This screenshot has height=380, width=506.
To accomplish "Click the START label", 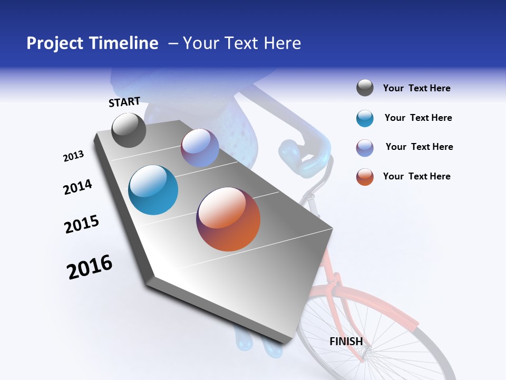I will pos(124,102).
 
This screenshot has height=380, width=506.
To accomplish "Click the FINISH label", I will pos(346,341).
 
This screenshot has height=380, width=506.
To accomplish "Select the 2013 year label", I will pos(73,156).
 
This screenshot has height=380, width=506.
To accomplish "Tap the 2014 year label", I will pos(77,187).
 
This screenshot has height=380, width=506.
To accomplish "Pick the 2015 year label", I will pos(82,224).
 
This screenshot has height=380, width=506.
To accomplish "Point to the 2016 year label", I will pos(90,267).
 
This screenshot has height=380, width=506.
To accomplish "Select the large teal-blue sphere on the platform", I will pos(153,190).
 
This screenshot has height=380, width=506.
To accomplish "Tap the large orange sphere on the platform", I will pos(228,219).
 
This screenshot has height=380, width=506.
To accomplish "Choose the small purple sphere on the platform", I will pos(200,148).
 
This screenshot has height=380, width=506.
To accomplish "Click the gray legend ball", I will pos(365,88).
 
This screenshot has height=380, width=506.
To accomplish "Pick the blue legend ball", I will pos(365,118).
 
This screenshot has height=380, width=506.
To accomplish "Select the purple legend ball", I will pos(365,148).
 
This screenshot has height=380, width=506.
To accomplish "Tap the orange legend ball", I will pos(365,177).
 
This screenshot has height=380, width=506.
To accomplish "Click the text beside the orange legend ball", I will pos(416,176).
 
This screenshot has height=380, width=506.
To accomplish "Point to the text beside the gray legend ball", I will pos(416,88).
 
